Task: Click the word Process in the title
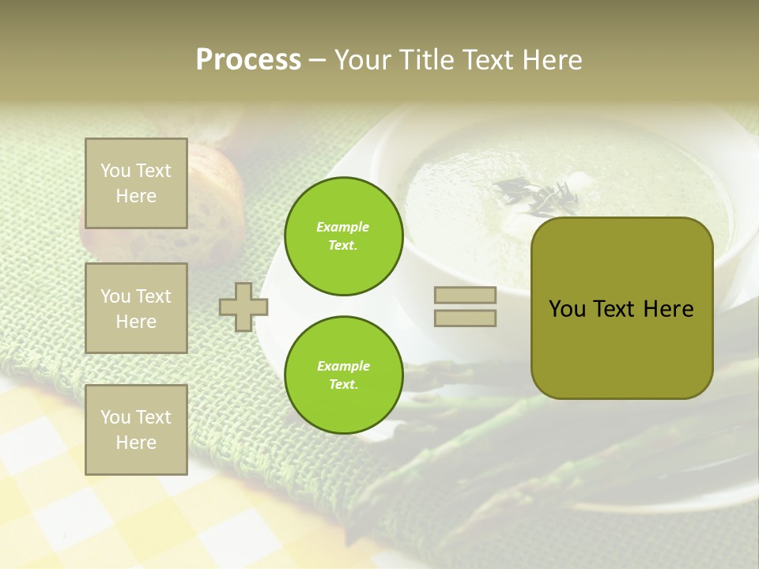(x=248, y=60)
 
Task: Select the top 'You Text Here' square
(x=136, y=183)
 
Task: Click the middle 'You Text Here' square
(x=136, y=308)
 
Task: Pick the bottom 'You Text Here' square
(x=136, y=430)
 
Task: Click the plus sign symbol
(x=244, y=307)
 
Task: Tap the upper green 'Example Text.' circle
(x=343, y=236)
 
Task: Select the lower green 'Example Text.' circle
(x=343, y=375)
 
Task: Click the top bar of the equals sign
(x=465, y=296)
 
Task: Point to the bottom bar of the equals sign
(x=465, y=318)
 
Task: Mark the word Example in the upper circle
(x=343, y=227)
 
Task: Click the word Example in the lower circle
(x=343, y=366)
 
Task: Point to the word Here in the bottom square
(x=136, y=443)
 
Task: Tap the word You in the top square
(x=115, y=171)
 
